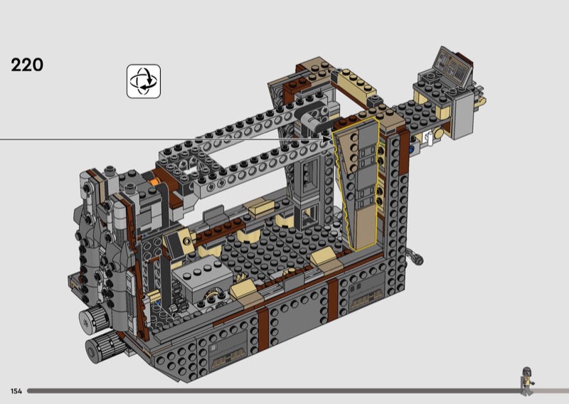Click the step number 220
coord(27,65)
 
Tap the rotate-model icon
coord(144,81)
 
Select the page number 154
coord(16,391)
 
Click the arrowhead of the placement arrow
coord(327,139)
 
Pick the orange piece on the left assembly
coord(156,181)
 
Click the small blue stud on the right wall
coord(412,149)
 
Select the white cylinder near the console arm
coord(430,138)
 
